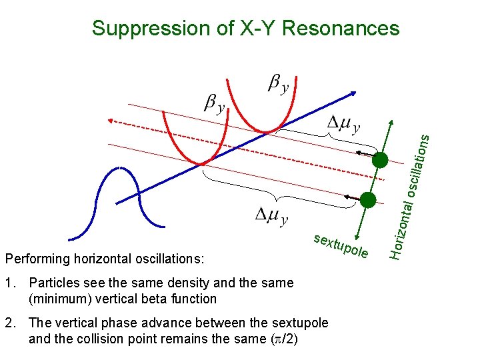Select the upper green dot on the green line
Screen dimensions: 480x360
380,160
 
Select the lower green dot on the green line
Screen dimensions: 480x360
367,199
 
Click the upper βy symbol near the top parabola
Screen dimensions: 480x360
278,85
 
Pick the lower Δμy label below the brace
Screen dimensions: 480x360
272,215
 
